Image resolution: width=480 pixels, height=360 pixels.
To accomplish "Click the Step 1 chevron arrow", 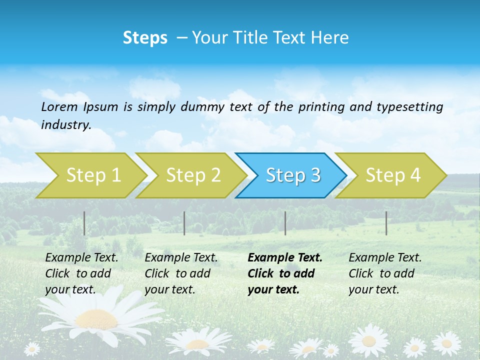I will point(92,175).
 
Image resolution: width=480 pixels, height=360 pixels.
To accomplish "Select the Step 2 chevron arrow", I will point(192,175).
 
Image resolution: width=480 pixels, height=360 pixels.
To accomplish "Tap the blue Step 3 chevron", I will point(292,175).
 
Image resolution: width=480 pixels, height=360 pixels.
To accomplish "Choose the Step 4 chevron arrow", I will point(392,175).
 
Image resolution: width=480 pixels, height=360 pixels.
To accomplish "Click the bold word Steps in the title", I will point(145,38).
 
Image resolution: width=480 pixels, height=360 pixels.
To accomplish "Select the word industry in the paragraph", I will point(65,125).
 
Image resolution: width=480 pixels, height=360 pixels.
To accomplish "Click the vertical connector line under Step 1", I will point(84,223).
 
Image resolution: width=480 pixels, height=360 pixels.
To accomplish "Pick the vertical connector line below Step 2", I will point(184,223).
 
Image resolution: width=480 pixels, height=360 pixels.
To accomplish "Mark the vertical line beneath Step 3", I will point(285,223).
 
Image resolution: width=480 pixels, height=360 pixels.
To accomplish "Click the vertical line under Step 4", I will point(386,223).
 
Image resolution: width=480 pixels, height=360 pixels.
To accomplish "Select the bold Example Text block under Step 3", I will point(285,273).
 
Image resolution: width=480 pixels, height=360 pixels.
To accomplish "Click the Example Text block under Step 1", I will point(81,273).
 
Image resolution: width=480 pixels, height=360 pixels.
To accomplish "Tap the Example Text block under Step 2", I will point(181,273).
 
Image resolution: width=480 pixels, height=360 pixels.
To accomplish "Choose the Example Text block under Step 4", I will point(385,273).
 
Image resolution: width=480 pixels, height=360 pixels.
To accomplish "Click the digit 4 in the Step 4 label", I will point(415,175).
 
